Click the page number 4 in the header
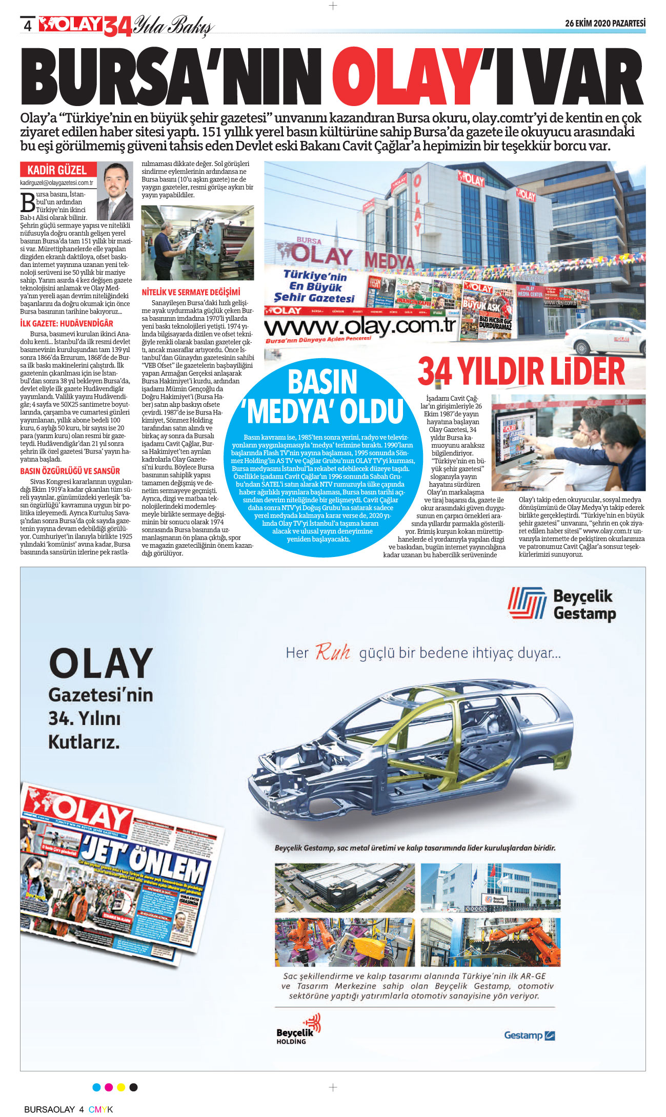28,26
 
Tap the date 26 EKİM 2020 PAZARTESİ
605,24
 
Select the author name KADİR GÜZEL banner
57,170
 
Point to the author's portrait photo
115,191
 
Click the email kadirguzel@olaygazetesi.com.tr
57,183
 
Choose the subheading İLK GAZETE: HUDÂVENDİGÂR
67,324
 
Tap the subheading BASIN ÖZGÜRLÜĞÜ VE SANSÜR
70,471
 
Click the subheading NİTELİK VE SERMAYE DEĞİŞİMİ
191,293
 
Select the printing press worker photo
197,243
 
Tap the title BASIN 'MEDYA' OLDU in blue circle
323,397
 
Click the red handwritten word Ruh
333,652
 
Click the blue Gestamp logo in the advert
530,1035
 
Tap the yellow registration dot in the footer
121,1087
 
